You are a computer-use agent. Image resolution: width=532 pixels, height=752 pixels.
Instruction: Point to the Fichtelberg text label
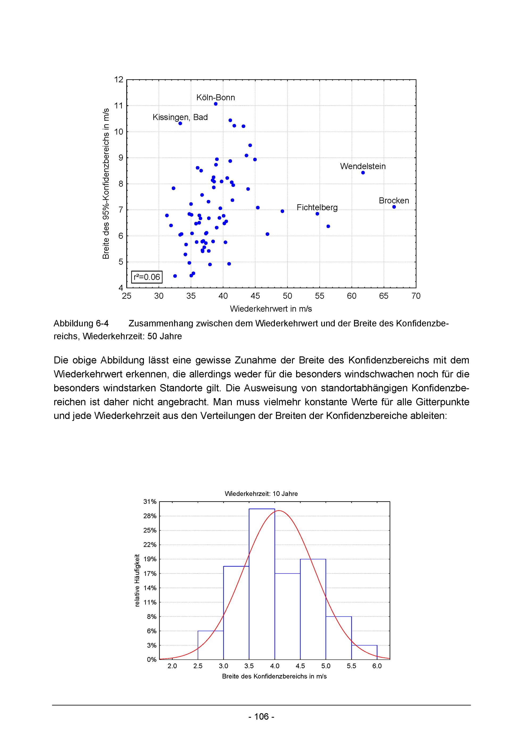(317, 207)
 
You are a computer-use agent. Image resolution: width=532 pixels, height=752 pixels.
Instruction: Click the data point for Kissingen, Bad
(180, 123)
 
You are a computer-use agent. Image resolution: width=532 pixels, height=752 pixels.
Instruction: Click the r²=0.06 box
(147, 277)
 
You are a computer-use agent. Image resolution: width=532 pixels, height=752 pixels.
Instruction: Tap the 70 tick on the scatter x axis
(416, 296)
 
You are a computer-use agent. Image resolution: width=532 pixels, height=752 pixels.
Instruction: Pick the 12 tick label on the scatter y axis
(119, 80)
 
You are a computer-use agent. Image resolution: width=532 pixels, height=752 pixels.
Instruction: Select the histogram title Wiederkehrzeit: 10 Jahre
(261, 494)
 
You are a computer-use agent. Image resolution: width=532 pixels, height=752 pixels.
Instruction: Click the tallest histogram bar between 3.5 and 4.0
(261, 583)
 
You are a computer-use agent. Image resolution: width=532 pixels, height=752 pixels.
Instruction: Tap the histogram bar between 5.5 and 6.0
(364, 652)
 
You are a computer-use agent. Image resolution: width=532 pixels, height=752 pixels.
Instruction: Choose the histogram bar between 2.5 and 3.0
(210, 645)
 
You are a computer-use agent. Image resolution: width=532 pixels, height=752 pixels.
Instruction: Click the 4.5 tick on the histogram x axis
(300, 666)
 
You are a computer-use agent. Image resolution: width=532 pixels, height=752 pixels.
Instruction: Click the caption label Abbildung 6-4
(81, 324)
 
